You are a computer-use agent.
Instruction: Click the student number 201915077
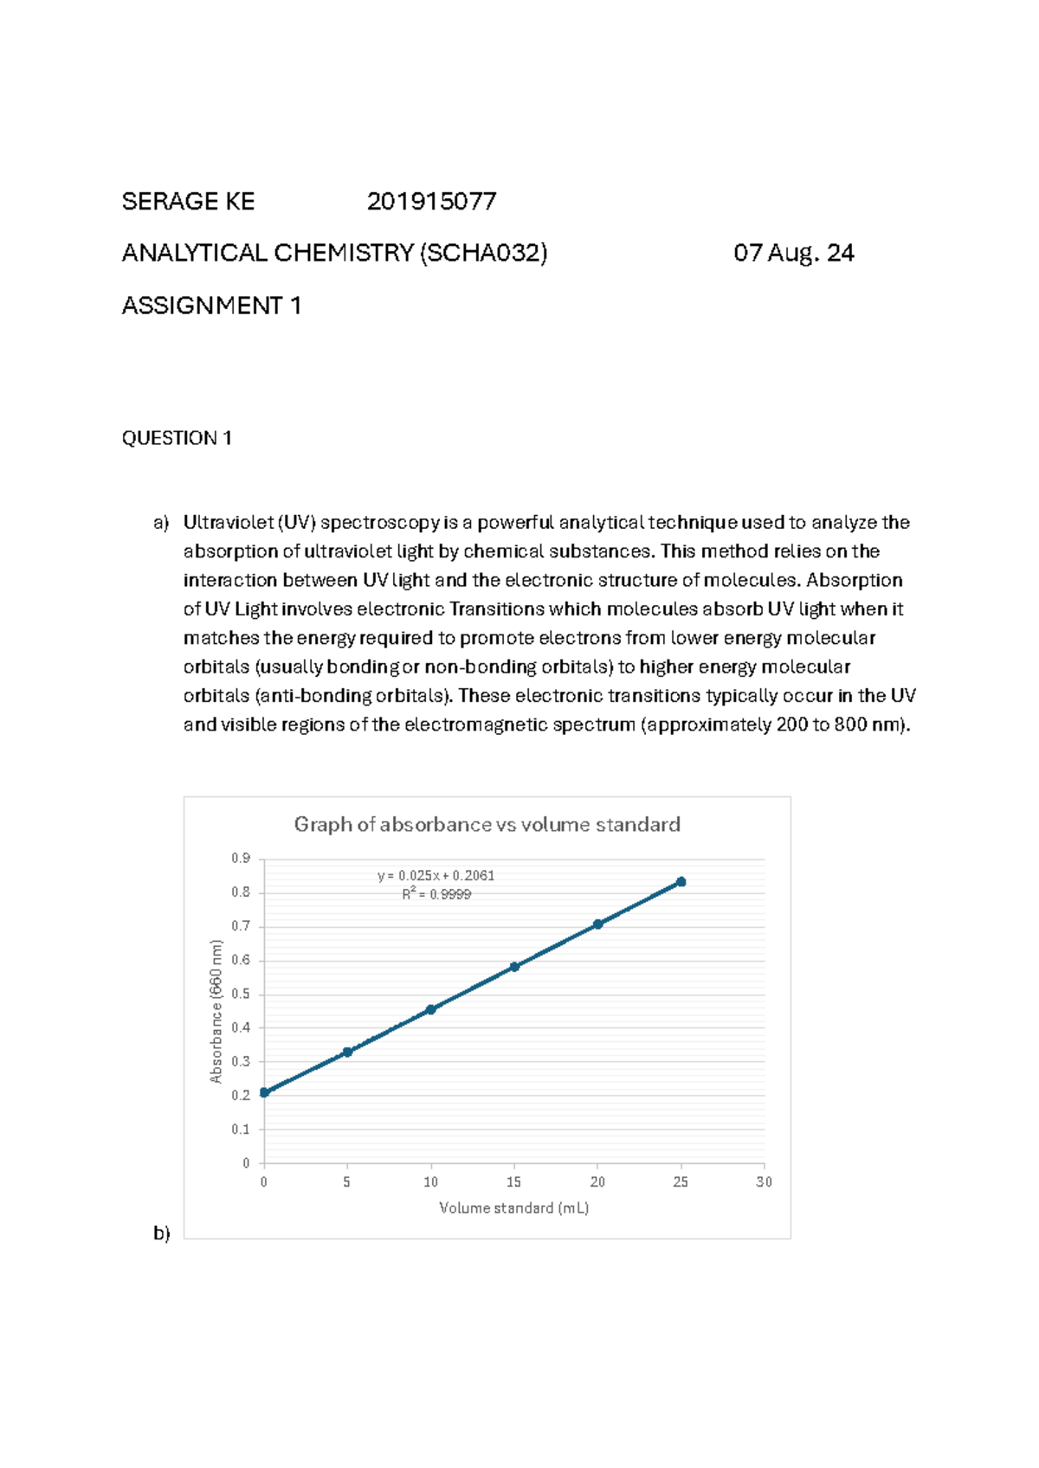point(431,202)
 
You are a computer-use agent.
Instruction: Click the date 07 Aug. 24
point(793,253)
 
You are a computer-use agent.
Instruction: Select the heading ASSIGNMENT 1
point(211,306)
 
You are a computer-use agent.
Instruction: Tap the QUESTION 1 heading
point(177,438)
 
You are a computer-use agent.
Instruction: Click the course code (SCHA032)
point(483,253)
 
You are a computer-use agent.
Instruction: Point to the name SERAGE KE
point(188,202)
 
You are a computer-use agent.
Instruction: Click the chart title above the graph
point(487,824)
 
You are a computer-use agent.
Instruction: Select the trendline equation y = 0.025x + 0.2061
point(436,875)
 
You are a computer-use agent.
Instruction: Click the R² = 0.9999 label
point(436,894)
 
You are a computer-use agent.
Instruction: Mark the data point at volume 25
point(681,882)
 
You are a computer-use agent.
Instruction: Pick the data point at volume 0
point(264,1092)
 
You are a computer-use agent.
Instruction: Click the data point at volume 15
point(514,967)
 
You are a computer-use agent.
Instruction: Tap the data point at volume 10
point(431,1009)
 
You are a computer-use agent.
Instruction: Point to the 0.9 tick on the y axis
point(241,858)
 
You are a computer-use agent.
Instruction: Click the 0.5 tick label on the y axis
point(241,994)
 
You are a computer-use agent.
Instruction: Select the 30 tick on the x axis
point(764,1181)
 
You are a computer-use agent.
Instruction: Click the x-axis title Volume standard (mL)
point(513,1207)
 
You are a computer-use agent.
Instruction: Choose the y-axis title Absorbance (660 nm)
point(216,1011)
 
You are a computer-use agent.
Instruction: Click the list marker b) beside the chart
point(162,1233)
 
